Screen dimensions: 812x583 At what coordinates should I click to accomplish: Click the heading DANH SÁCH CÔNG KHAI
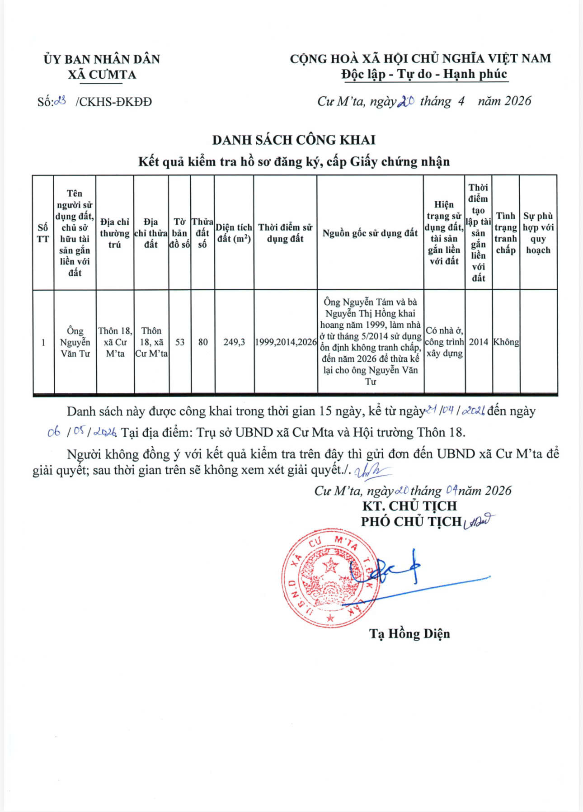point(294,140)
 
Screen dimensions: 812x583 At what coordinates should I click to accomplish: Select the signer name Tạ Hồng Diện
point(409,633)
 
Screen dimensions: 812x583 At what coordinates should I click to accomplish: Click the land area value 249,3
point(234,342)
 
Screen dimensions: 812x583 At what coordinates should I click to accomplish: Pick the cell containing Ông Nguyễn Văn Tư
point(75,342)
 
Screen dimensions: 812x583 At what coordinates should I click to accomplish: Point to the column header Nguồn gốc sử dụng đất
point(370,233)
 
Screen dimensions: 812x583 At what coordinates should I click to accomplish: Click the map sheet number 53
point(180,342)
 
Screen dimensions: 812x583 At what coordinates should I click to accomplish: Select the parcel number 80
point(203,342)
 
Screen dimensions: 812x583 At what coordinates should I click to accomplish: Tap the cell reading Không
point(506,342)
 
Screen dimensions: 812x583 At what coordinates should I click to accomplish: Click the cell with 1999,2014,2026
point(286,342)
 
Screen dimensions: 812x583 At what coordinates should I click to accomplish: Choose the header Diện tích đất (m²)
point(234,233)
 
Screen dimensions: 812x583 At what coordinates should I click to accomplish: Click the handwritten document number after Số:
point(60,101)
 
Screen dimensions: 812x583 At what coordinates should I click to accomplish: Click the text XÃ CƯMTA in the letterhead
point(102,75)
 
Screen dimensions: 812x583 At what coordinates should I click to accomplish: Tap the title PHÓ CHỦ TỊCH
point(410,522)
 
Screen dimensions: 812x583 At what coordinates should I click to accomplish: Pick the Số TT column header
point(43,233)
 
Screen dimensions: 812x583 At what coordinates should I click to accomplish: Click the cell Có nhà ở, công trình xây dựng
point(444,342)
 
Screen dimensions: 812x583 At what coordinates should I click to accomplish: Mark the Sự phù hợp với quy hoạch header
point(538,233)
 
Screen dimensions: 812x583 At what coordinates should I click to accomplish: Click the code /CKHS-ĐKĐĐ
point(114,102)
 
